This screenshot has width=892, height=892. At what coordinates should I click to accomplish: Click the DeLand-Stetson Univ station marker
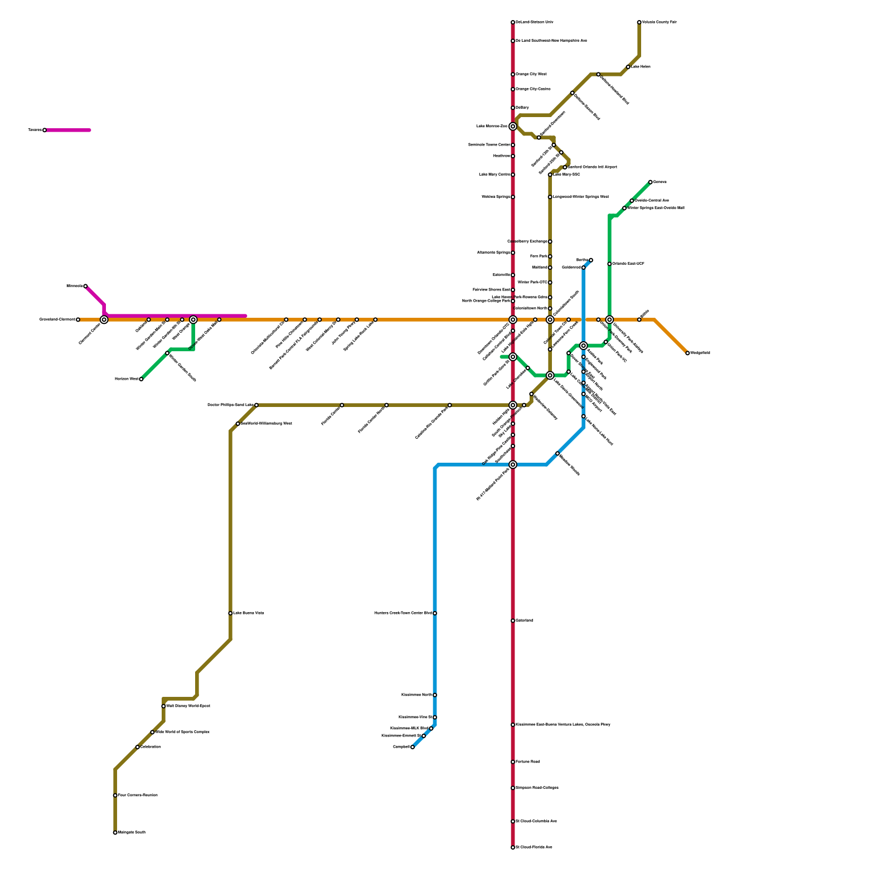tap(513, 22)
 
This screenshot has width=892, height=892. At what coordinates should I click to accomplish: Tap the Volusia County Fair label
tap(659, 22)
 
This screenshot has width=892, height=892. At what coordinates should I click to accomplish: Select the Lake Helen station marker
tap(628, 67)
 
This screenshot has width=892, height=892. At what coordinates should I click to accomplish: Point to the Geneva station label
tap(660, 182)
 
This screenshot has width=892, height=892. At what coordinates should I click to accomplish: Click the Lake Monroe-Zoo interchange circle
tap(513, 127)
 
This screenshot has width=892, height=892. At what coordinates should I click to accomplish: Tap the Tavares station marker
tap(45, 130)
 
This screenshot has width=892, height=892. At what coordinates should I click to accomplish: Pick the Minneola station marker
tap(85, 286)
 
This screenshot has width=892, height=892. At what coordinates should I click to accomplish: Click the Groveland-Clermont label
tap(57, 319)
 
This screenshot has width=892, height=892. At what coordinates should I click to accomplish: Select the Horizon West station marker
tap(141, 379)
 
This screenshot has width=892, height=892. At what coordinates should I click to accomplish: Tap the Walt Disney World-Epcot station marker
tap(163, 706)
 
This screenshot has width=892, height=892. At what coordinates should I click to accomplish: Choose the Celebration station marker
tap(138, 747)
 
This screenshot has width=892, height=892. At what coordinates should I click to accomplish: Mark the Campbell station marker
tap(413, 747)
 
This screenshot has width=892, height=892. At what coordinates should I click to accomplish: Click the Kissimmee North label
tap(416, 695)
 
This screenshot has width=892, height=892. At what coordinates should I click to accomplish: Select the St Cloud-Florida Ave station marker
tap(513, 847)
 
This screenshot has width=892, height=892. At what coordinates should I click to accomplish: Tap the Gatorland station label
tap(525, 620)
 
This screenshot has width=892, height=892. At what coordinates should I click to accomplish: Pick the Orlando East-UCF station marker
tap(609, 264)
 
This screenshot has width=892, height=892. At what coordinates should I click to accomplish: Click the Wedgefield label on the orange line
tap(700, 353)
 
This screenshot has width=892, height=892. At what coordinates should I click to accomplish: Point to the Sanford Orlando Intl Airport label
tap(592, 167)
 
